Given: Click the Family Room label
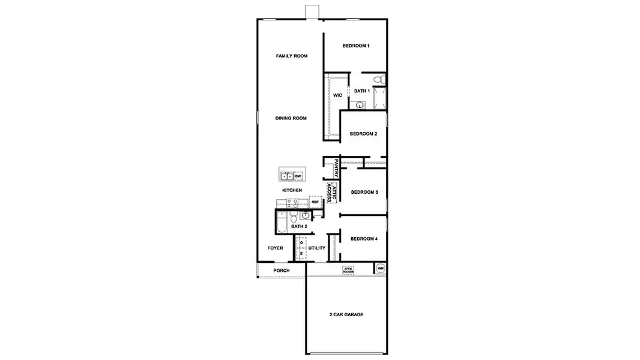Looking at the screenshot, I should (292, 56).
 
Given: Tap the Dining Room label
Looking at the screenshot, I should (291, 118).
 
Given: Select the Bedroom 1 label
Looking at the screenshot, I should (356, 46).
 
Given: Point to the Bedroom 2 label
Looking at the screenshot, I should (363, 133).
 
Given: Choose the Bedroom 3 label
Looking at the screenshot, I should (364, 192).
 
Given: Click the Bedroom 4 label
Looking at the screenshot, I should (364, 239).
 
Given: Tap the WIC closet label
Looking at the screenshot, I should (337, 95).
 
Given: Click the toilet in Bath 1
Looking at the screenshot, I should (378, 80).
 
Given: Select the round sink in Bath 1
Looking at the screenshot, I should (359, 105).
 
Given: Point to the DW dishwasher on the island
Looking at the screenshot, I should (297, 176).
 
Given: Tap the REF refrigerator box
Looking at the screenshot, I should (315, 202).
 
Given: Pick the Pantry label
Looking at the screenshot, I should (337, 167).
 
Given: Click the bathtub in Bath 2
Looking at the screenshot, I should (282, 225).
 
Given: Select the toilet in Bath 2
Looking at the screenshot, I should (294, 217).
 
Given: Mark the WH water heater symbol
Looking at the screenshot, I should (380, 268).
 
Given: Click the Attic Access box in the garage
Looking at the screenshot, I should (348, 271).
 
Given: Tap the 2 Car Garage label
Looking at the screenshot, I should (346, 314).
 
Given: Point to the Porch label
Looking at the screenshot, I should (281, 271).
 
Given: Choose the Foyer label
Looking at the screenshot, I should (275, 248).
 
